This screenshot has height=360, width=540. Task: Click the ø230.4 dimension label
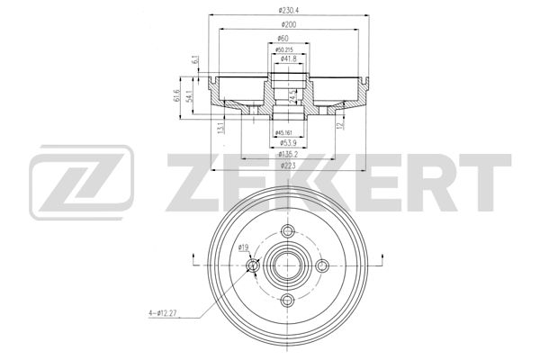click(x=289, y=10)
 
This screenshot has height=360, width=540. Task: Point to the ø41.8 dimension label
click(x=289, y=58)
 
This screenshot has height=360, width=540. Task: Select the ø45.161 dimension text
click(x=289, y=132)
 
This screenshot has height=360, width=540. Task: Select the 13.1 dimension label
click(x=221, y=127)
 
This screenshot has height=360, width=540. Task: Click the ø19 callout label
click(x=243, y=247)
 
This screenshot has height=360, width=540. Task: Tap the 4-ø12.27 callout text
click(x=166, y=313)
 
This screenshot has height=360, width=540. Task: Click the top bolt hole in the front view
click(x=288, y=232)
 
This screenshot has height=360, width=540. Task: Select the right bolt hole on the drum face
click(x=323, y=265)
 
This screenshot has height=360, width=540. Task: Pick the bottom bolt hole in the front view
click(x=288, y=300)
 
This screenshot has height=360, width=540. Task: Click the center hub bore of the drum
click(x=288, y=265)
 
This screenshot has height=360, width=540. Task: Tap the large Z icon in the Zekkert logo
click(x=81, y=186)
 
